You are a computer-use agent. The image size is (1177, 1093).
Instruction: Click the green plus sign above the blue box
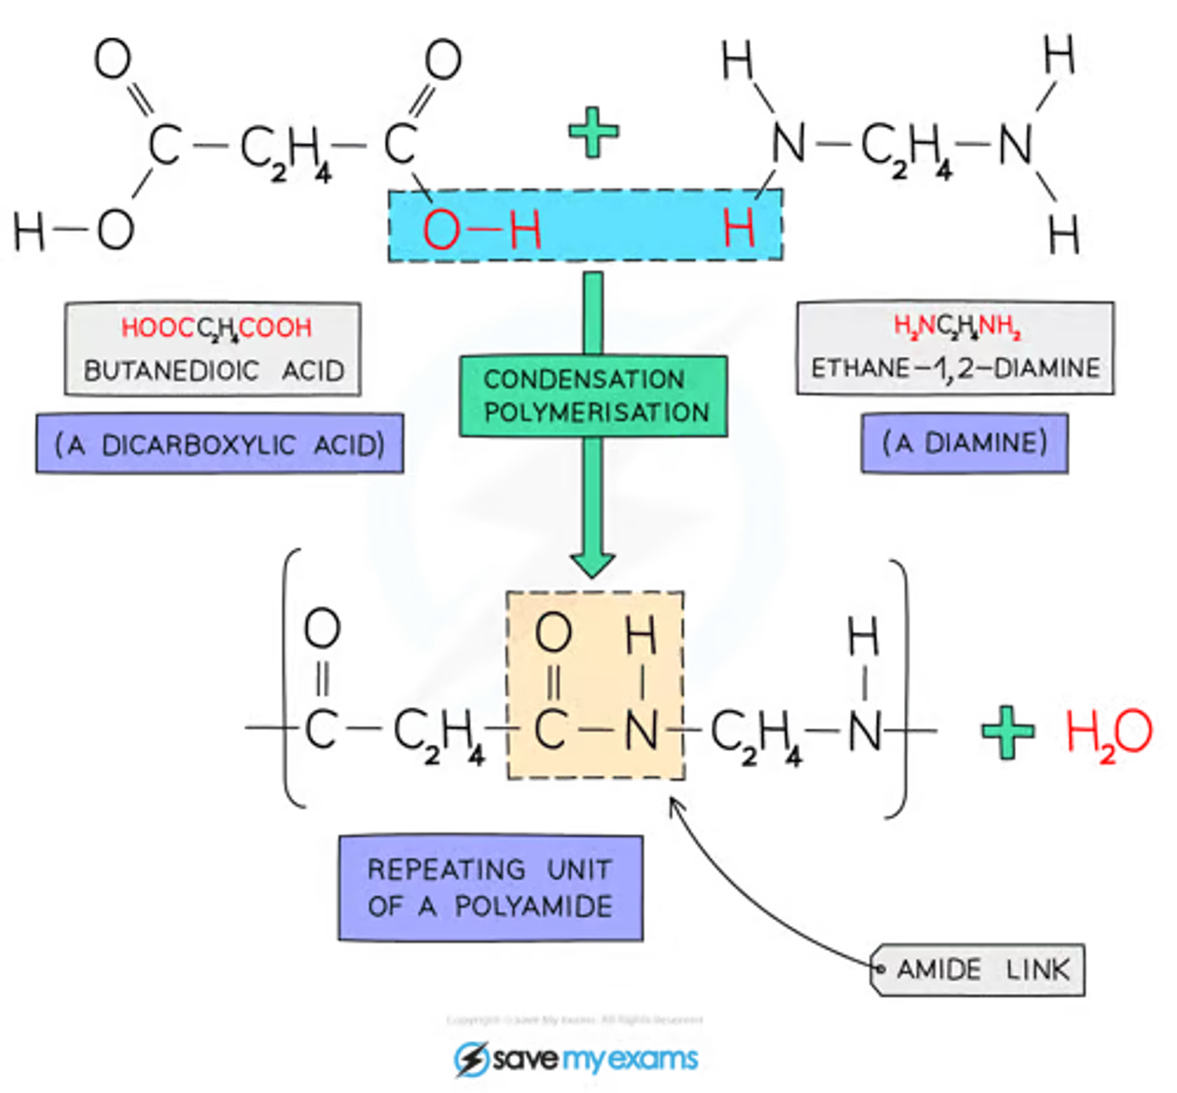coord(594,132)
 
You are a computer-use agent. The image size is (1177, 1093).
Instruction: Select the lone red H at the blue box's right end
coord(739,228)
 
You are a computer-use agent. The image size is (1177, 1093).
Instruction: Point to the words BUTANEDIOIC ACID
coord(214,371)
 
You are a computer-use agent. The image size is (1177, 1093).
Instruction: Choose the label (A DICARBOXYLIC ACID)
coord(220,444)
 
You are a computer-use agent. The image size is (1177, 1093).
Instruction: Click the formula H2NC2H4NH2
coord(956,327)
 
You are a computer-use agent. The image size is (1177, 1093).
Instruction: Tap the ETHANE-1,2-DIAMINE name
coord(955,369)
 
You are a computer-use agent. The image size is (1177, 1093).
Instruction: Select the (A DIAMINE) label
coord(964,443)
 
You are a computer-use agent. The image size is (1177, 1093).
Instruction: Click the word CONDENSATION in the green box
coord(584,380)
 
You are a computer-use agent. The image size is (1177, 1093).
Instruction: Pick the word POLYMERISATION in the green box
coord(597,413)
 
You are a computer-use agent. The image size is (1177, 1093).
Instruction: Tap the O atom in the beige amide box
coord(553,633)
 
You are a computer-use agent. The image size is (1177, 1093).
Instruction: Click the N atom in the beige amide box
coord(641,731)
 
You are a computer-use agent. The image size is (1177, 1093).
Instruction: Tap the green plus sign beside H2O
coord(1008,732)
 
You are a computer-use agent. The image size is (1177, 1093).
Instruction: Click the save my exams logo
coord(576,1059)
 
